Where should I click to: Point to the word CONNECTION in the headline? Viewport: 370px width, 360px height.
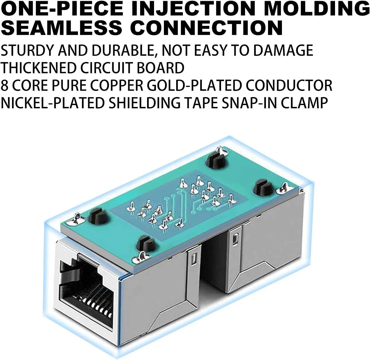pos(206,27)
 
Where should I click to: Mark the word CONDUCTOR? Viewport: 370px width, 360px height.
pos(289,85)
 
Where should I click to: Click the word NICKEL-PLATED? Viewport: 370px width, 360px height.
pos(52,103)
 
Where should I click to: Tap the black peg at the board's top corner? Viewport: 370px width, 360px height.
pos(215,161)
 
